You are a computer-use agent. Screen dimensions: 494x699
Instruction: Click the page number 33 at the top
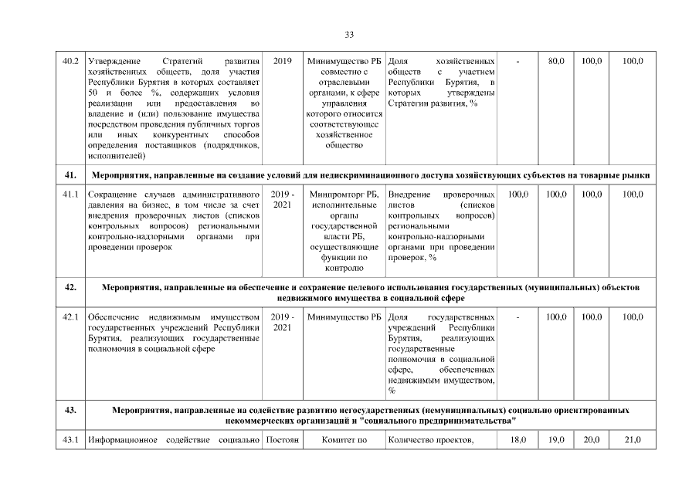tap(349, 35)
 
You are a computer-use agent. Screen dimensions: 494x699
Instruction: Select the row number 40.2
tap(70, 60)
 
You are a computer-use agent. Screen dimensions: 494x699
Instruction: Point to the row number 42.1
tap(70, 317)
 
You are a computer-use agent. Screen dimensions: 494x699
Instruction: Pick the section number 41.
tap(70, 175)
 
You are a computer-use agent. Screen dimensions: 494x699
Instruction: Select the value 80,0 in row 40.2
tap(556, 60)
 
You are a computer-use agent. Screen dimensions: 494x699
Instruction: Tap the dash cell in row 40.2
tap(518, 60)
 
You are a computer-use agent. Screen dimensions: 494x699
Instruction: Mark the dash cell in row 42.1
tap(518, 317)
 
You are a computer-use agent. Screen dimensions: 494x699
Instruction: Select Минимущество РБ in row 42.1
tap(344, 317)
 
